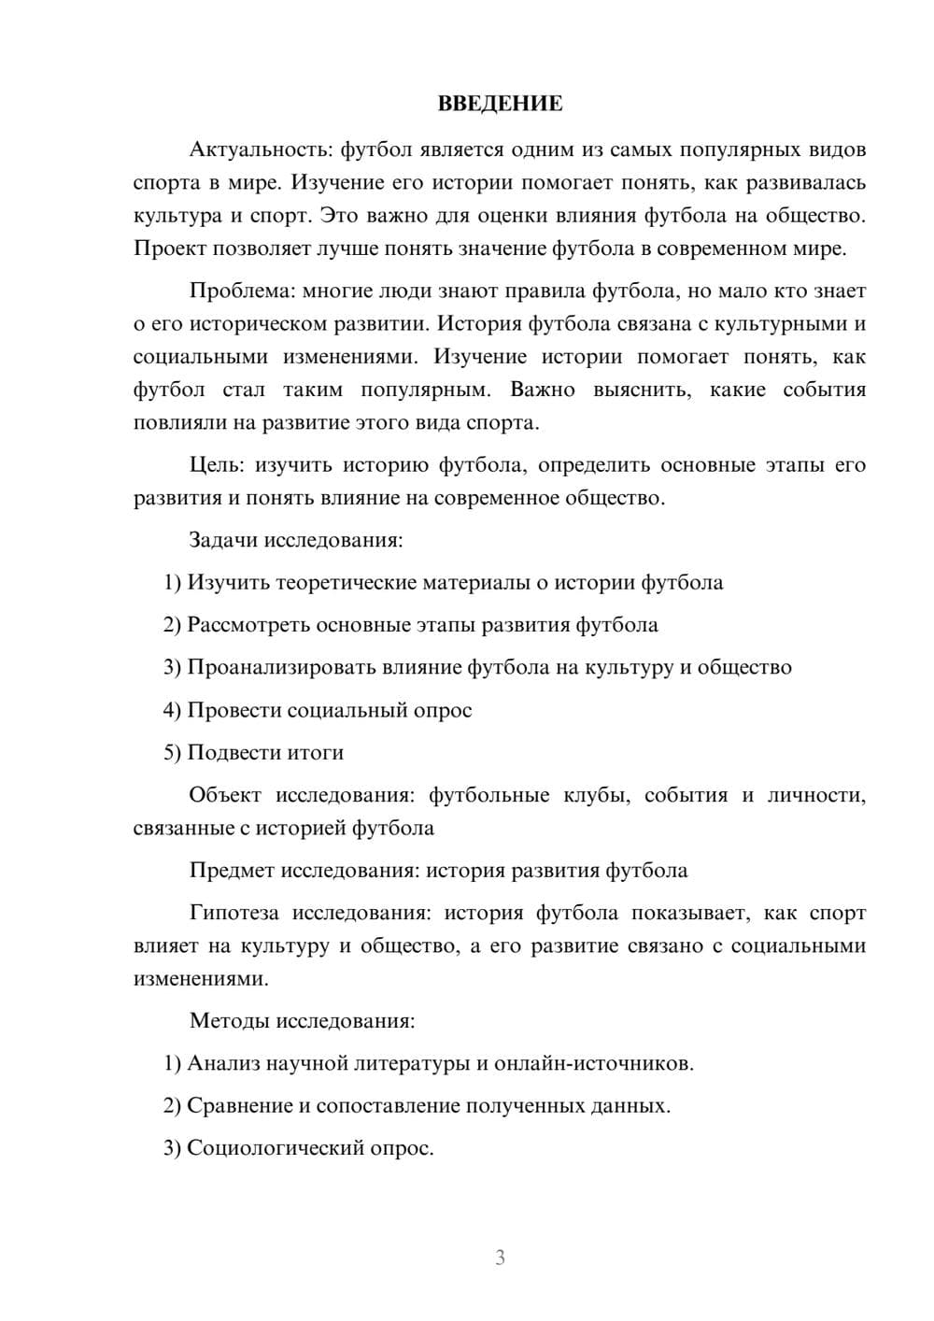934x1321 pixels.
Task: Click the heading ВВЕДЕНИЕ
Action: (x=500, y=104)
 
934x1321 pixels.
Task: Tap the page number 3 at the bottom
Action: (x=500, y=1257)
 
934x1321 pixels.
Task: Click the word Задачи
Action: (x=222, y=540)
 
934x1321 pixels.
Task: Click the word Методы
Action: (x=228, y=1020)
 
